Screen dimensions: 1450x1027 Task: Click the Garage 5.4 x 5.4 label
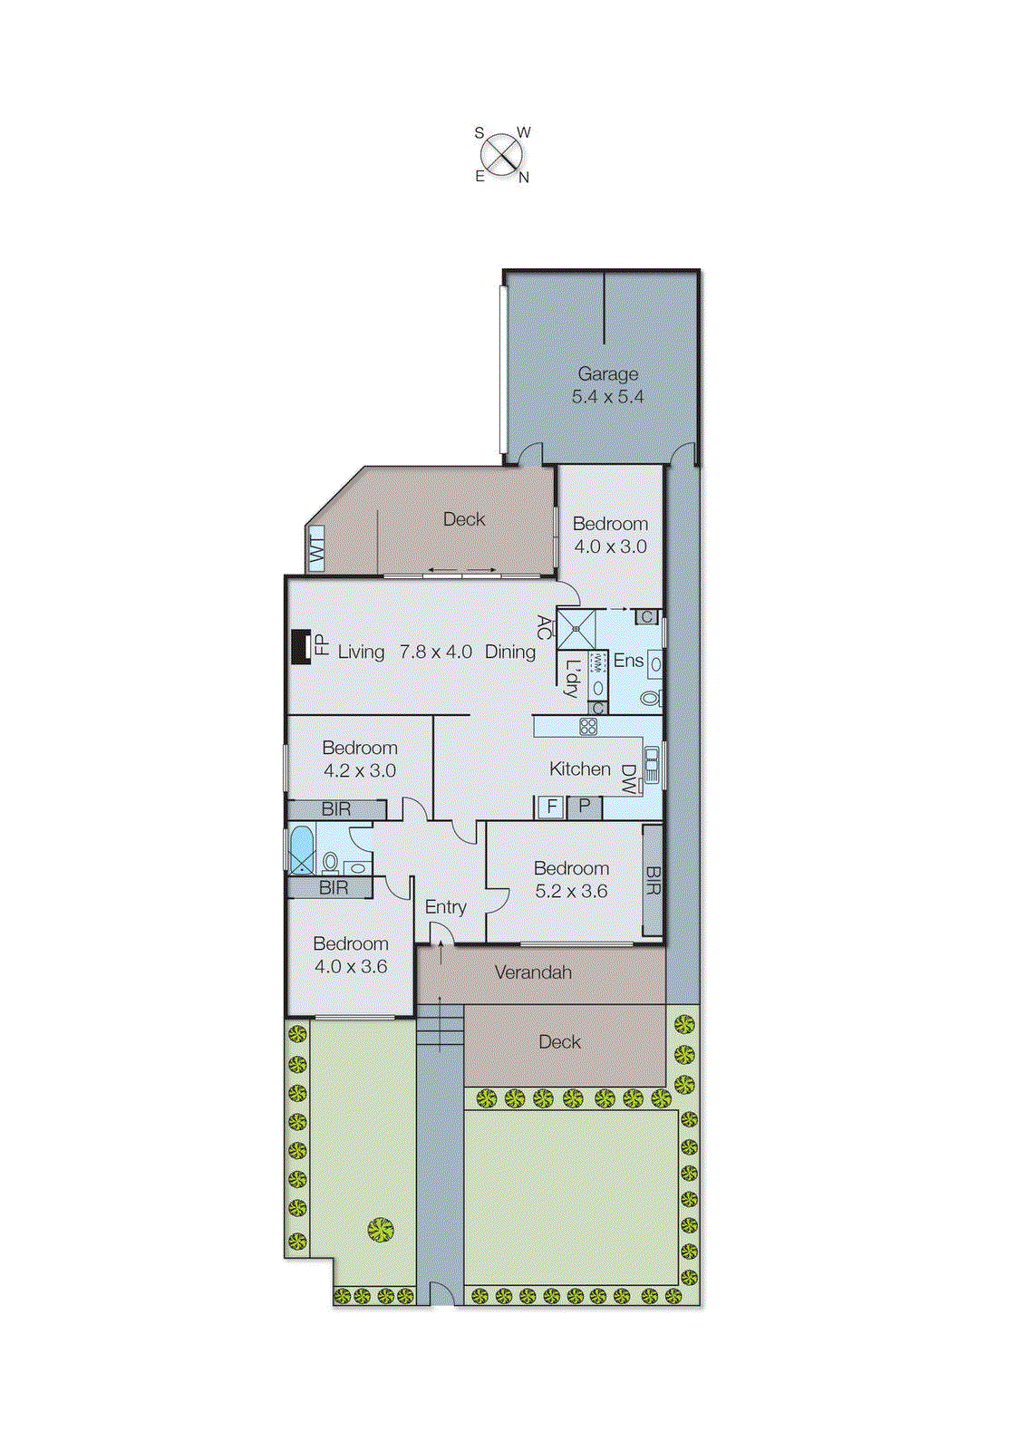tap(607, 385)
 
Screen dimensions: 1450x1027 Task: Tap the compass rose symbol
tap(501, 155)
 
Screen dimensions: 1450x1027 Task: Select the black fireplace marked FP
tap(300, 647)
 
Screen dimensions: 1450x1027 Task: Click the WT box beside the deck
tap(316, 549)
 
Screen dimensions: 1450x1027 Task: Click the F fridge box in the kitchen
tap(551, 806)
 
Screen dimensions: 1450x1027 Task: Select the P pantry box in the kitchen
tap(585, 806)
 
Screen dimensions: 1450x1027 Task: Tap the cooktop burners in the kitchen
tap(588, 726)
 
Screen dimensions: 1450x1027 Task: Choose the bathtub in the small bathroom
tap(301, 849)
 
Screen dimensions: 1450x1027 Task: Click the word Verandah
tap(533, 972)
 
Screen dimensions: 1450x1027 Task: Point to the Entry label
tap(445, 907)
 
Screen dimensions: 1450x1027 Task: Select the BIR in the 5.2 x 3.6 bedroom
tap(653, 879)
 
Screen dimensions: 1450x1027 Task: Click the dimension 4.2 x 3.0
tap(360, 771)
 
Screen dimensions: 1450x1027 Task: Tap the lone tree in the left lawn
tap(381, 1230)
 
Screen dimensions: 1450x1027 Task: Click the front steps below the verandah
tap(441, 1026)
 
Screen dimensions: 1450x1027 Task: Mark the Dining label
tap(510, 652)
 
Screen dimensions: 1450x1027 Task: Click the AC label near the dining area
tap(543, 627)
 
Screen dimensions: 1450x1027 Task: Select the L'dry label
tap(571, 677)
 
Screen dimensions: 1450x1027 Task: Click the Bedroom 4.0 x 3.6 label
tap(350, 955)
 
